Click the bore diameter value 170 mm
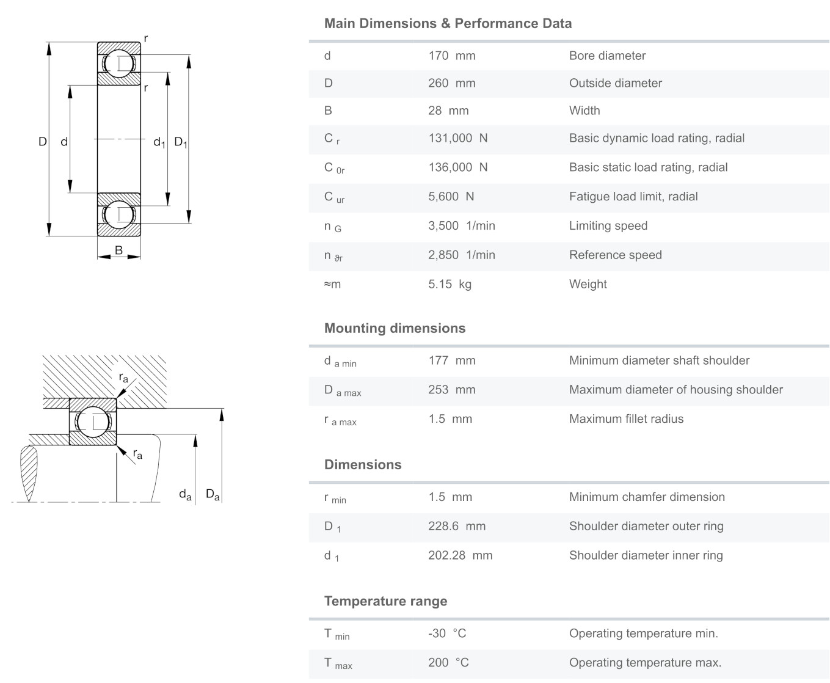(451, 56)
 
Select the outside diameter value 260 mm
(451, 83)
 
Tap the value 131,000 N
(457, 138)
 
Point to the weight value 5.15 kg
(450, 284)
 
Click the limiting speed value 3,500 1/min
(461, 226)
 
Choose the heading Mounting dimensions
(395, 328)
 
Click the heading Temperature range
(385, 601)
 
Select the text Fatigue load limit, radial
(633, 197)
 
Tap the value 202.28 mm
(460, 555)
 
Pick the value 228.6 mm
(456, 526)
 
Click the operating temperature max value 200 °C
(448, 662)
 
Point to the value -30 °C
(447, 634)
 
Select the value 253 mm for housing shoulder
(451, 390)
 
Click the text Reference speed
(615, 255)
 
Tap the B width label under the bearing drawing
(118, 250)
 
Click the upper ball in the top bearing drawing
(119, 64)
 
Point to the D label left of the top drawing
(42, 142)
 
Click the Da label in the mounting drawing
(213, 494)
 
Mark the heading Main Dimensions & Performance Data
(448, 24)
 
